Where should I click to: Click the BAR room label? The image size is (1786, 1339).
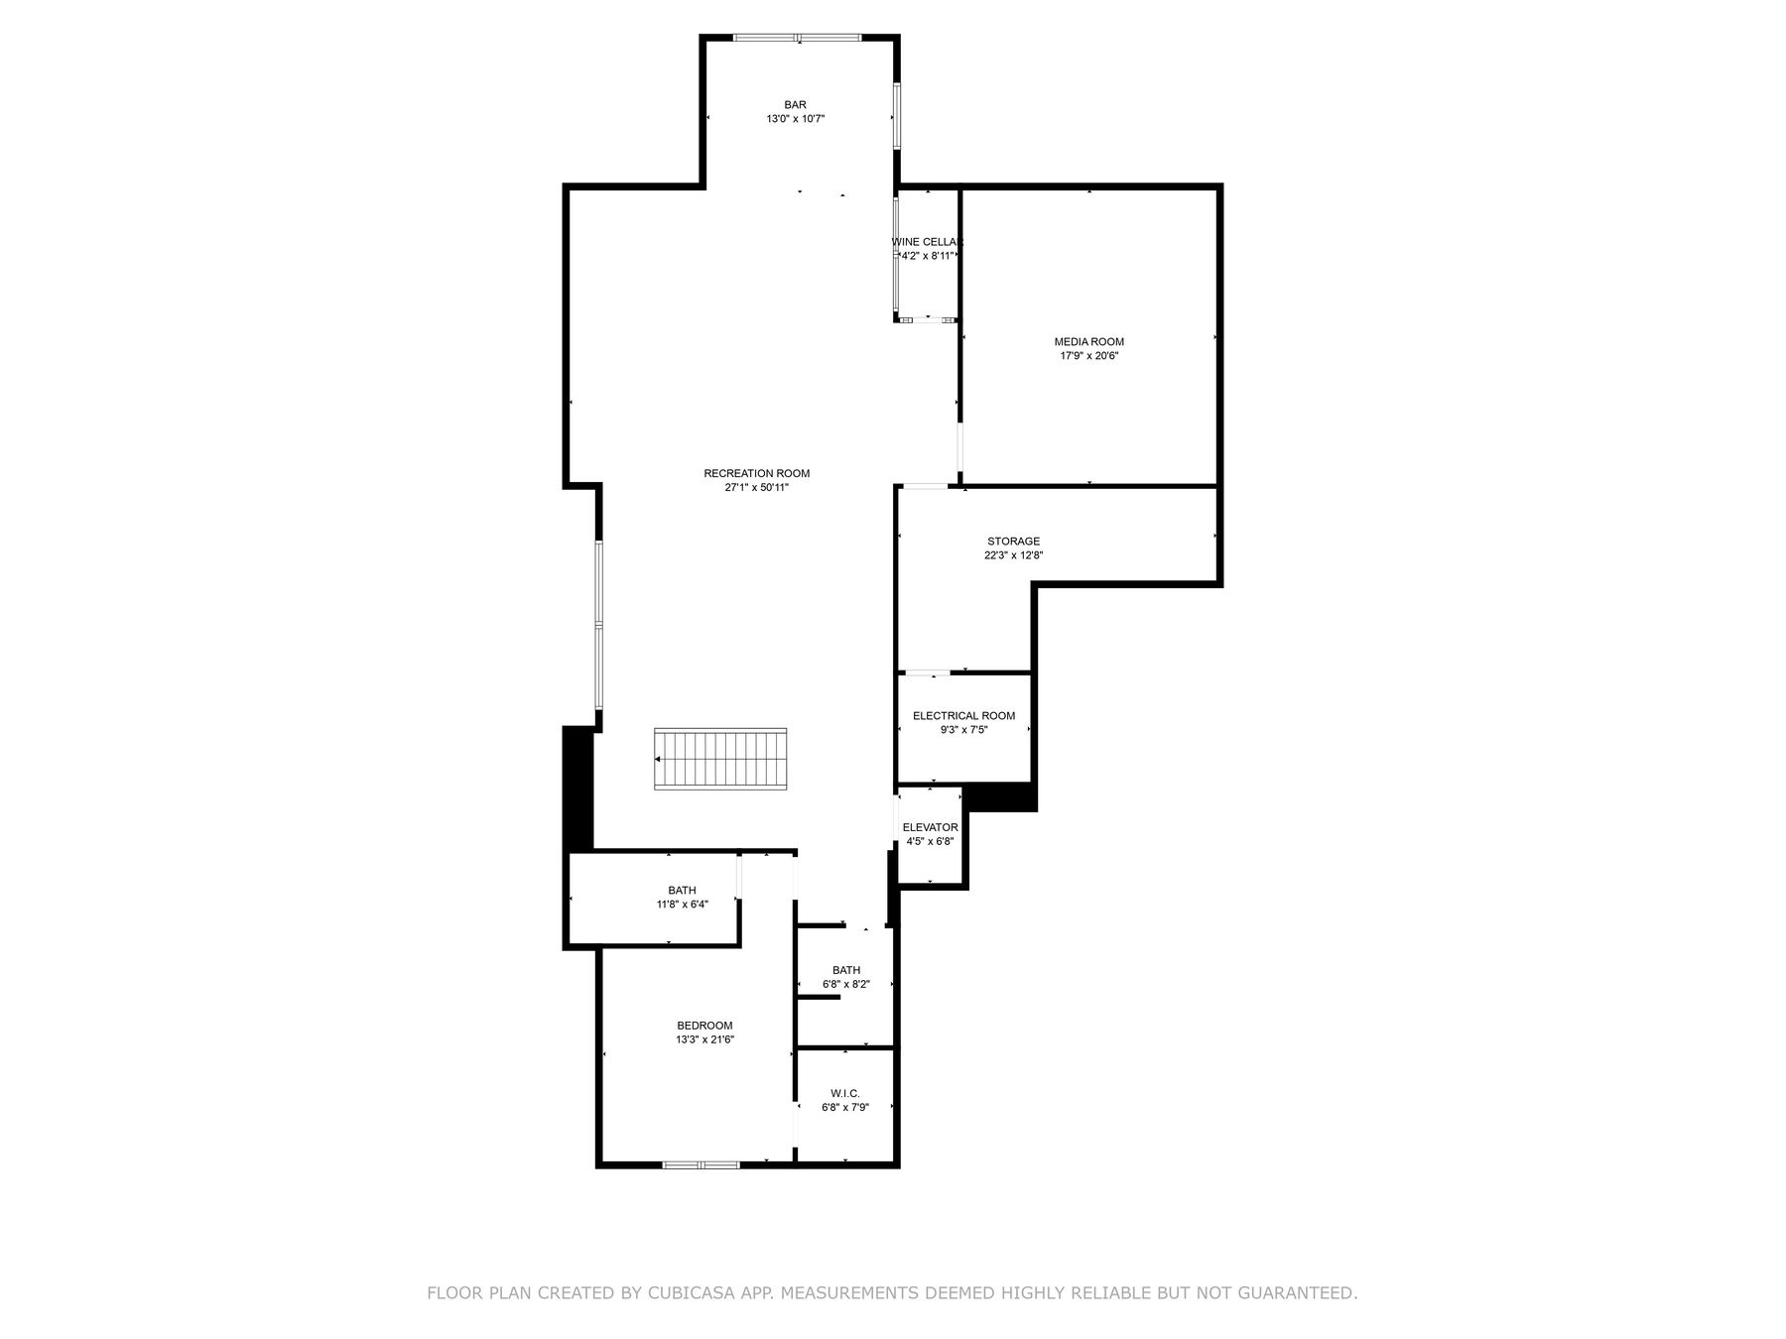[795, 104]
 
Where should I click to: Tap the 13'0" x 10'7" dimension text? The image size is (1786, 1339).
[795, 119]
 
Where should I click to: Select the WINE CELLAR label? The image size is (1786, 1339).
[927, 242]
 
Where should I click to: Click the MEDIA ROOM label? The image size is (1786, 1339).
[1088, 342]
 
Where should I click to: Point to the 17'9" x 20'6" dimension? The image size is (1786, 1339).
[1088, 356]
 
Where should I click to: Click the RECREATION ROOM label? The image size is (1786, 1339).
[756, 473]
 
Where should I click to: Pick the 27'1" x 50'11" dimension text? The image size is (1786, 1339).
[756, 488]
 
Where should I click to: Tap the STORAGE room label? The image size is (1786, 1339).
[1013, 542]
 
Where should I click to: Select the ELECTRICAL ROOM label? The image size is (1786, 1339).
[963, 716]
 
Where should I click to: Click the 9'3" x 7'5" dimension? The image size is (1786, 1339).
[963, 730]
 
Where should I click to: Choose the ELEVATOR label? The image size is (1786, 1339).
[930, 827]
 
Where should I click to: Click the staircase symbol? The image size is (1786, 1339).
[720, 759]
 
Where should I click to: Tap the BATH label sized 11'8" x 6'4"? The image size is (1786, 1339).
[682, 891]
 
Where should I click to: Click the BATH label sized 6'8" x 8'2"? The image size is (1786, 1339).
[846, 970]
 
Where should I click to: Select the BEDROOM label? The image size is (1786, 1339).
[704, 1026]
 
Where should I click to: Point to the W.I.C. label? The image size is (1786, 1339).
[845, 1093]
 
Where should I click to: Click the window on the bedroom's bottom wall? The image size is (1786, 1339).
[701, 1164]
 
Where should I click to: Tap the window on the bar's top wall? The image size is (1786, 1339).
[798, 39]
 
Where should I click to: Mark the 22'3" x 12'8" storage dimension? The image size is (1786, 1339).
[1013, 555]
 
